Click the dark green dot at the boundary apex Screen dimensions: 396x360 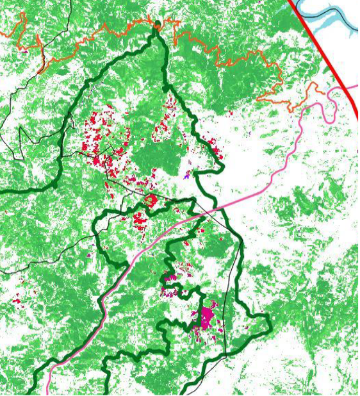pyautogui.click(x=158, y=24)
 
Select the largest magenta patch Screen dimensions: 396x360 pyautogui.click(x=206, y=318)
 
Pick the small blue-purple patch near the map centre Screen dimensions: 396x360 pyautogui.click(x=187, y=173)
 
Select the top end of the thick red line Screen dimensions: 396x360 pyautogui.click(x=290, y=2)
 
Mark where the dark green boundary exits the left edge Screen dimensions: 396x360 pyautogui.click(x=2, y=190)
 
